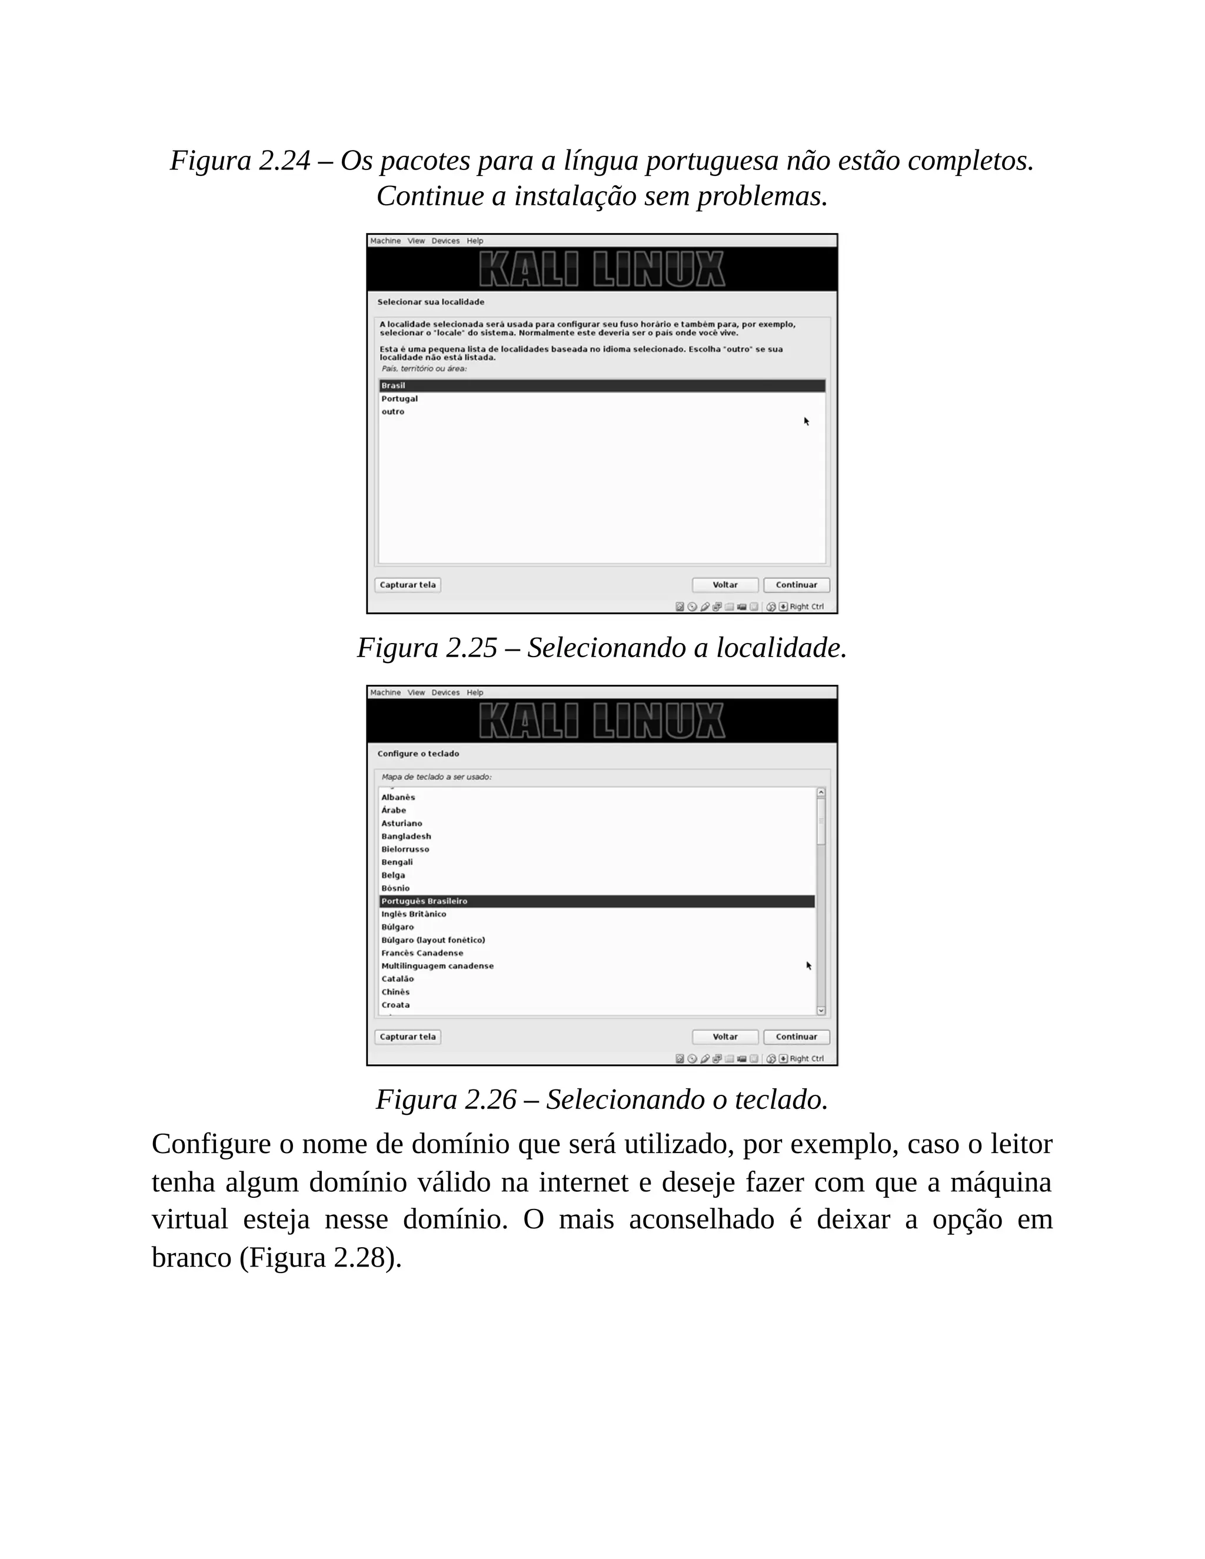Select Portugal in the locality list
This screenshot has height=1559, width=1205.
(x=399, y=399)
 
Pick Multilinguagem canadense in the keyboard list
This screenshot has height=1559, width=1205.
(x=437, y=966)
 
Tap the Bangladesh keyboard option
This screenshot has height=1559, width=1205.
(x=405, y=836)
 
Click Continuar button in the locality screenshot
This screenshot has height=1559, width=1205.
(x=796, y=585)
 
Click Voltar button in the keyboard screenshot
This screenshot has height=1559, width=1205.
(x=724, y=1037)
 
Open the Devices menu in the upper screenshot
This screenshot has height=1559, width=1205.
(x=445, y=241)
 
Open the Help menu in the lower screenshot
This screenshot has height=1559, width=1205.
(x=475, y=692)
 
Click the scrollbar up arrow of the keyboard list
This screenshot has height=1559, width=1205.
(x=821, y=792)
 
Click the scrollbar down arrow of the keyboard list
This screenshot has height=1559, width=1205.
(x=821, y=1010)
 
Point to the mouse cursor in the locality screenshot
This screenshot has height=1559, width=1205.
(x=807, y=421)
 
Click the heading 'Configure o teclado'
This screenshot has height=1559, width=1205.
(x=418, y=754)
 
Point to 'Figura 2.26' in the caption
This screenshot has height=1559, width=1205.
(x=445, y=1100)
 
